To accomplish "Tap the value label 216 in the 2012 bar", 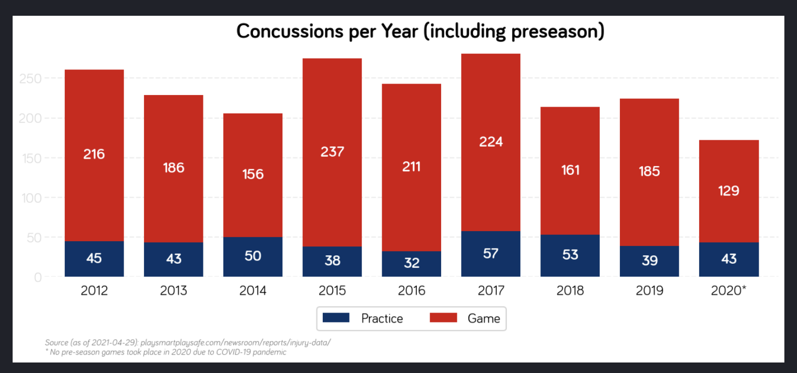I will coord(94,154).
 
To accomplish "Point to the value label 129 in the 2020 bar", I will coord(729,191).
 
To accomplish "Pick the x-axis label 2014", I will coord(253,291).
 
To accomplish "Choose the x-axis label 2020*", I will coord(729,291).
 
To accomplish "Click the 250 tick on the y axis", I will coord(30,79).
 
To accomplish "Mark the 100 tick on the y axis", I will coord(30,198).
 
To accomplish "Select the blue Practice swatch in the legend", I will coord(336,318).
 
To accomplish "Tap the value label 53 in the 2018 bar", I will coord(570,255).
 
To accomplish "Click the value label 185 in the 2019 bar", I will coord(649,171).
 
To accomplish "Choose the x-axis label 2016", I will coord(412,291).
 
